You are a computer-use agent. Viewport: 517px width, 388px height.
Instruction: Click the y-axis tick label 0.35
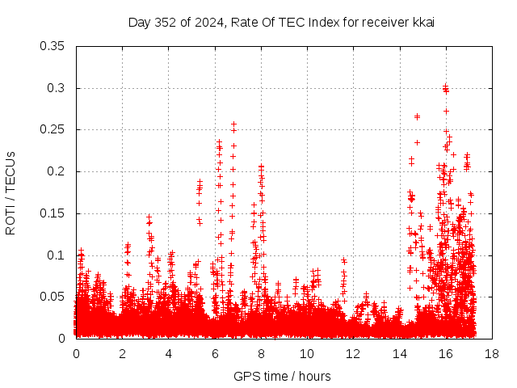(x=53, y=46)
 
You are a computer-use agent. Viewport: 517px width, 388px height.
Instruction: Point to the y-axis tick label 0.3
(x=56, y=88)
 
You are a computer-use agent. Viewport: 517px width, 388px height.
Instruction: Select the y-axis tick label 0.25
(x=53, y=129)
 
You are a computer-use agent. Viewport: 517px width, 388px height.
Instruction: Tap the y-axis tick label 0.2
(x=56, y=171)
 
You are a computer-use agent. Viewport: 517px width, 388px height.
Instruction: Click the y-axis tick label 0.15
(x=53, y=213)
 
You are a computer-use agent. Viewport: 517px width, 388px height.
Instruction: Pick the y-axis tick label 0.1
(x=56, y=255)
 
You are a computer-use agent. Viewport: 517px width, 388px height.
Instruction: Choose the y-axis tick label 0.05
(x=53, y=297)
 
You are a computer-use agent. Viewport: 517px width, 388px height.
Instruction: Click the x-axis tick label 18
(x=492, y=354)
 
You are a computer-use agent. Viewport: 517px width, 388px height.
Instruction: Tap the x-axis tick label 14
(x=399, y=354)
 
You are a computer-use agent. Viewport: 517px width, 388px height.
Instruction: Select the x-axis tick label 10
(x=307, y=354)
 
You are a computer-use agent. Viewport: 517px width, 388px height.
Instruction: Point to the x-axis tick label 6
(x=215, y=354)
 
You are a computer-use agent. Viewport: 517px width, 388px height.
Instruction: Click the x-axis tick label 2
(x=123, y=354)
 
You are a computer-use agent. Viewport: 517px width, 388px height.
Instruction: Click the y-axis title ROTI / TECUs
(x=11, y=192)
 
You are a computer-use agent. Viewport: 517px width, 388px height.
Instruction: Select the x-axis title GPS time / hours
(x=282, y=376)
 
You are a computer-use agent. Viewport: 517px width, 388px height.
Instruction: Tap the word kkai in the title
(x=424, y=22)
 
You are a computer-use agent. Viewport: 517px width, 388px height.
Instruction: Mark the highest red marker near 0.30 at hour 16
(x=445, y=86)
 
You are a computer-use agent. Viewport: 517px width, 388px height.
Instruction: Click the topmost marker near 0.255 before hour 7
(x=233, y=124)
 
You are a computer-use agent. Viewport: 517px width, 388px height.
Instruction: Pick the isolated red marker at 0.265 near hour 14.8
(x=417, y=116)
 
